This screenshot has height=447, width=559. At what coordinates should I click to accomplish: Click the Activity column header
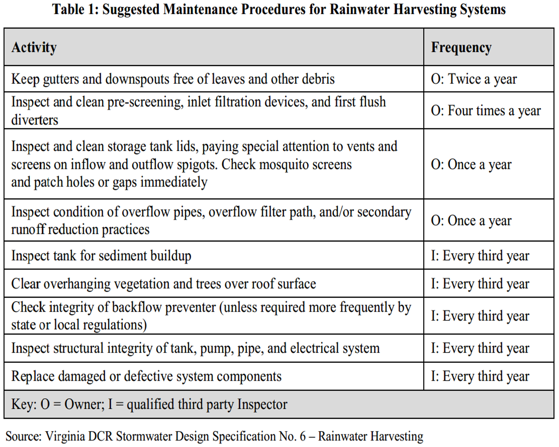34,47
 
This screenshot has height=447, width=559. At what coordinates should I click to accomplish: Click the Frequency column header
461,47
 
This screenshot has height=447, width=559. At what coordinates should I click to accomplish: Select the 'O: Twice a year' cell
474,79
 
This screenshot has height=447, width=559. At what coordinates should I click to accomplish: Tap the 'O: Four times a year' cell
486,111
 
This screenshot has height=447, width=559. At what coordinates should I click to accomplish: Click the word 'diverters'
34,120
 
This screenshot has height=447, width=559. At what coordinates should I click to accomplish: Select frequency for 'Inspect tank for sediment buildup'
480,256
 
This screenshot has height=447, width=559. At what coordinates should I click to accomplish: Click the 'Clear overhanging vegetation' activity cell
164,284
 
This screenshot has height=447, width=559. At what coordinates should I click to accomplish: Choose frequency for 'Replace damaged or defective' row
480,376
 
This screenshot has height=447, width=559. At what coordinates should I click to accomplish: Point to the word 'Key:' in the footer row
24,404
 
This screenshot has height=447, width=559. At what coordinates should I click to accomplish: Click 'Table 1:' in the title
75,9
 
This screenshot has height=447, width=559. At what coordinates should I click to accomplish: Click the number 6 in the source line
302,436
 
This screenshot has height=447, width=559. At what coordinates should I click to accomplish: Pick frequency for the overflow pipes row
471,221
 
